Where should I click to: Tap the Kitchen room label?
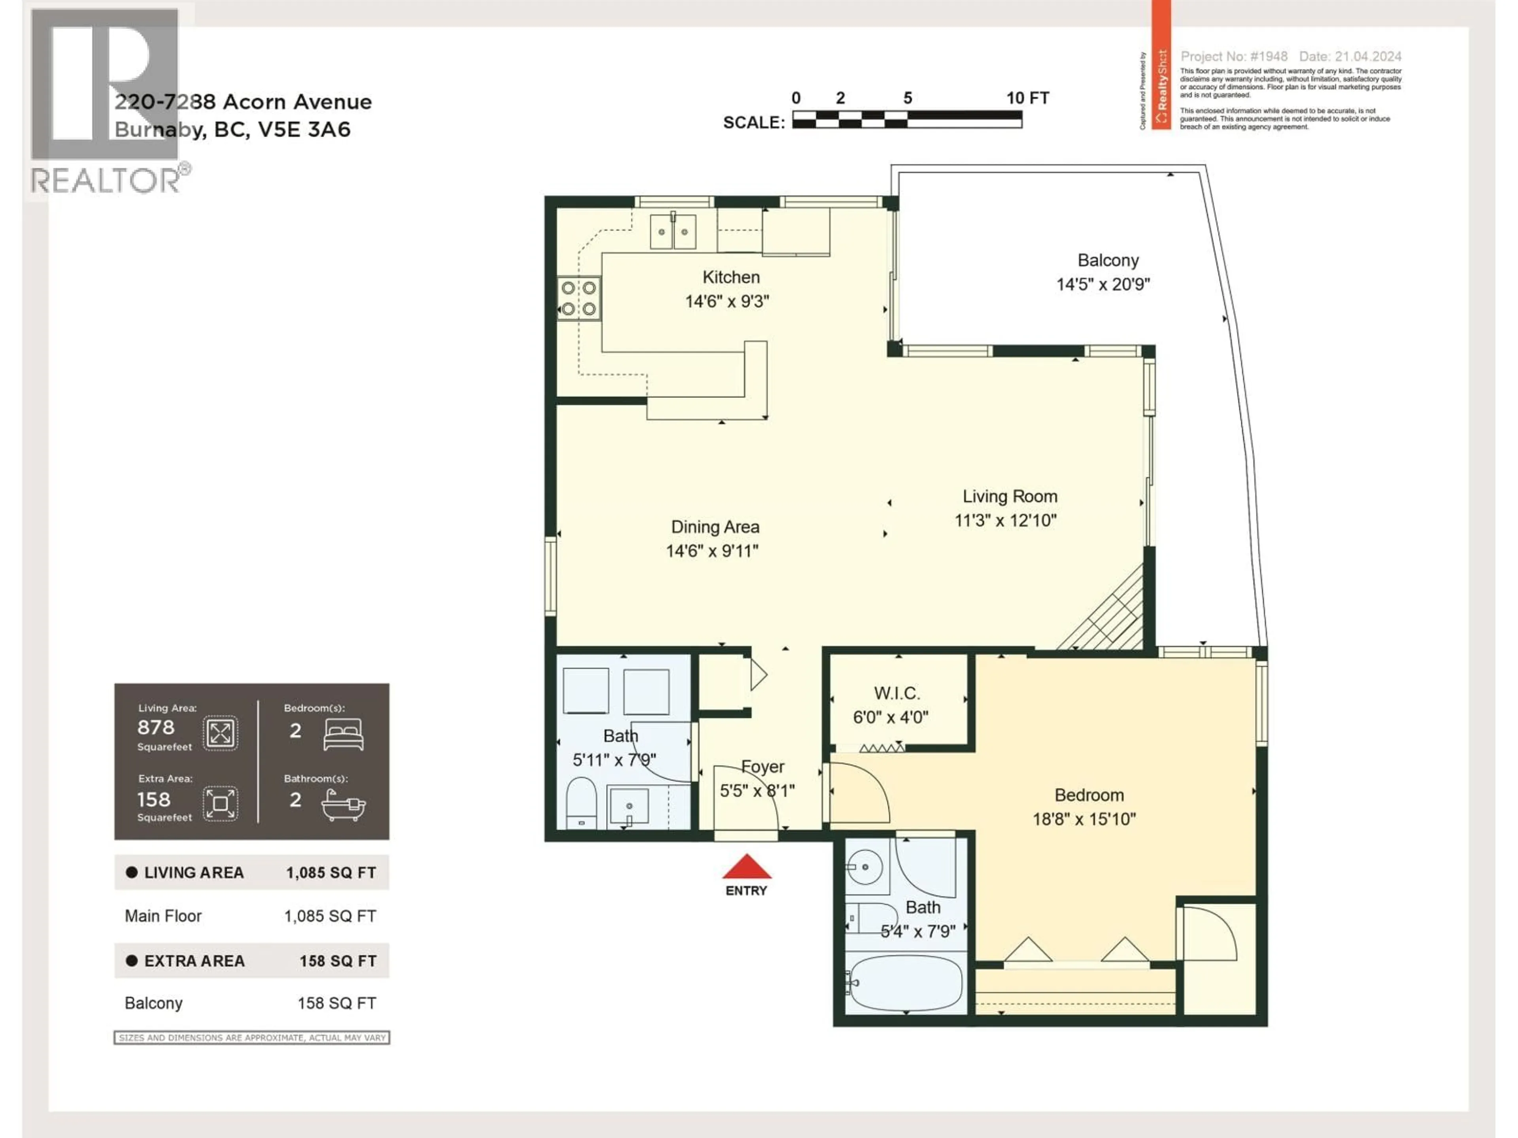(731, 277)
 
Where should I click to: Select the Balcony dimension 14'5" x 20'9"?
(1103, 284)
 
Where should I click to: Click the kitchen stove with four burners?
(578, 298)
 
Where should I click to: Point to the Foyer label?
(763, 767)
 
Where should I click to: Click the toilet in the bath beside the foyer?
(581, 803)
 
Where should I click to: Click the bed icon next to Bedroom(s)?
(343, 734)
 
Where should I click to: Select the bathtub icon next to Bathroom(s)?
(343, 805)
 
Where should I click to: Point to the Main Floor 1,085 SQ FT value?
(330, 916)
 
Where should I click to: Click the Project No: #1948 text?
(1233, 56)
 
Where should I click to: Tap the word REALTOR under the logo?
(105, 181)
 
